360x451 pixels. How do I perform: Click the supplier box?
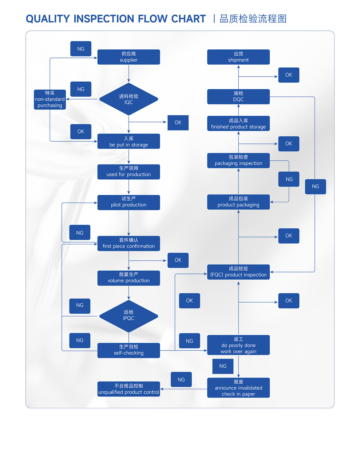[128, 57]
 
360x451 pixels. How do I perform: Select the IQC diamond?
[128, 99]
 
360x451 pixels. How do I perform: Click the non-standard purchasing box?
[50, 99]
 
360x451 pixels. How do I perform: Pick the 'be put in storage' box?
[128, 141]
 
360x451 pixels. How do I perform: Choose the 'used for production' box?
[128, 172]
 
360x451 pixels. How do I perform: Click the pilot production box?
[128, 202]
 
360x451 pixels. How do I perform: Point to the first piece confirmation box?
[128, 243]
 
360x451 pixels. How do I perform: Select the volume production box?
[128, 278]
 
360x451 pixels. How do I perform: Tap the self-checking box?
[128, 350]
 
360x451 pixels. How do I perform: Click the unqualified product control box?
[128, 389]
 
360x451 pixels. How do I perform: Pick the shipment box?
[238, 57]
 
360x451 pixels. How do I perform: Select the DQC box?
[238, 96]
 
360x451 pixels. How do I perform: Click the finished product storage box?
[238, 124]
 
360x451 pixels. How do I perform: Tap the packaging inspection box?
[238, 161]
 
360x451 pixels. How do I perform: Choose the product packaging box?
[238, 202]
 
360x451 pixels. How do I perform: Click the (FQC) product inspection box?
[238, 272]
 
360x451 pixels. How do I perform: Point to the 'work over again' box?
[238, 345]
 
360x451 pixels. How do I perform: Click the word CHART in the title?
[188, 19]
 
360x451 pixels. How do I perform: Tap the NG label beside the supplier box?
[81, 49]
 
